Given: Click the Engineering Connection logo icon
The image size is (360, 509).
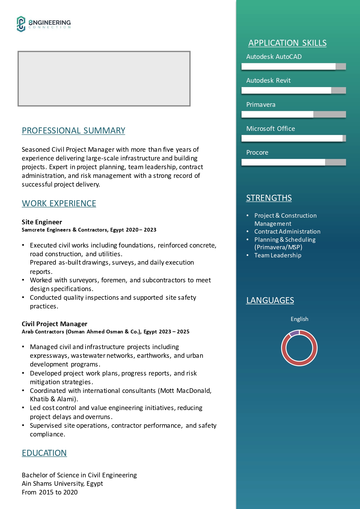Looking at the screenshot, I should tap(21, 24).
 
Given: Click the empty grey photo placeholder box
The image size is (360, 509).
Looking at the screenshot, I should tap(104, 79).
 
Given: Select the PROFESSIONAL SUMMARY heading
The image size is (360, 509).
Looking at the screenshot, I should tap(73, 131).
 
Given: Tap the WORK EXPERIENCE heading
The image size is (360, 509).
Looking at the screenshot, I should tap(59, 203).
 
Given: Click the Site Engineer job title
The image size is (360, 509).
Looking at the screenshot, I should tap(42, 222).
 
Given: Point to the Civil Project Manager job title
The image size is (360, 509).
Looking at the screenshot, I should tap(55, 324).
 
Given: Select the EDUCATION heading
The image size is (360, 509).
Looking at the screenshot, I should tap(44, 453).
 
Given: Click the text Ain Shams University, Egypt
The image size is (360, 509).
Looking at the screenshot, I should tap(62, 483).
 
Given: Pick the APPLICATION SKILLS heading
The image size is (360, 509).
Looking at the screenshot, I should tap(287, 43).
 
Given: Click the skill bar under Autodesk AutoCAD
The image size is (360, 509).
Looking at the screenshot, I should tap(294, 66).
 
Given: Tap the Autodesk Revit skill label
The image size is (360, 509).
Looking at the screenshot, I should tap(268, 80).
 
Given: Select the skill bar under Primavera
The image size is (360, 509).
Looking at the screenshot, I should tap(294, 114).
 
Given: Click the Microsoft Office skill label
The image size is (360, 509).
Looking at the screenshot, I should tap(270, 129).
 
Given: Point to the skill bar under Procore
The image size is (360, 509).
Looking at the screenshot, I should tap(294, 162).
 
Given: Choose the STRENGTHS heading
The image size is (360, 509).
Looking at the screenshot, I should tap(269, 198).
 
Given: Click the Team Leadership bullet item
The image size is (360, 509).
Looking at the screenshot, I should tap(278, 255).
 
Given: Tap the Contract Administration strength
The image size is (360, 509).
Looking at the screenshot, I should tap(287, 232).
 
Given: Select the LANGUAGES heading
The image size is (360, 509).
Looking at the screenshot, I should tap(270, 300).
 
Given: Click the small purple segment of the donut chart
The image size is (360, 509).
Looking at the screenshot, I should tap(294, 333).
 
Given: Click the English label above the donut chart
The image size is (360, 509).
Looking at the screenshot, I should tap(299, 319).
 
